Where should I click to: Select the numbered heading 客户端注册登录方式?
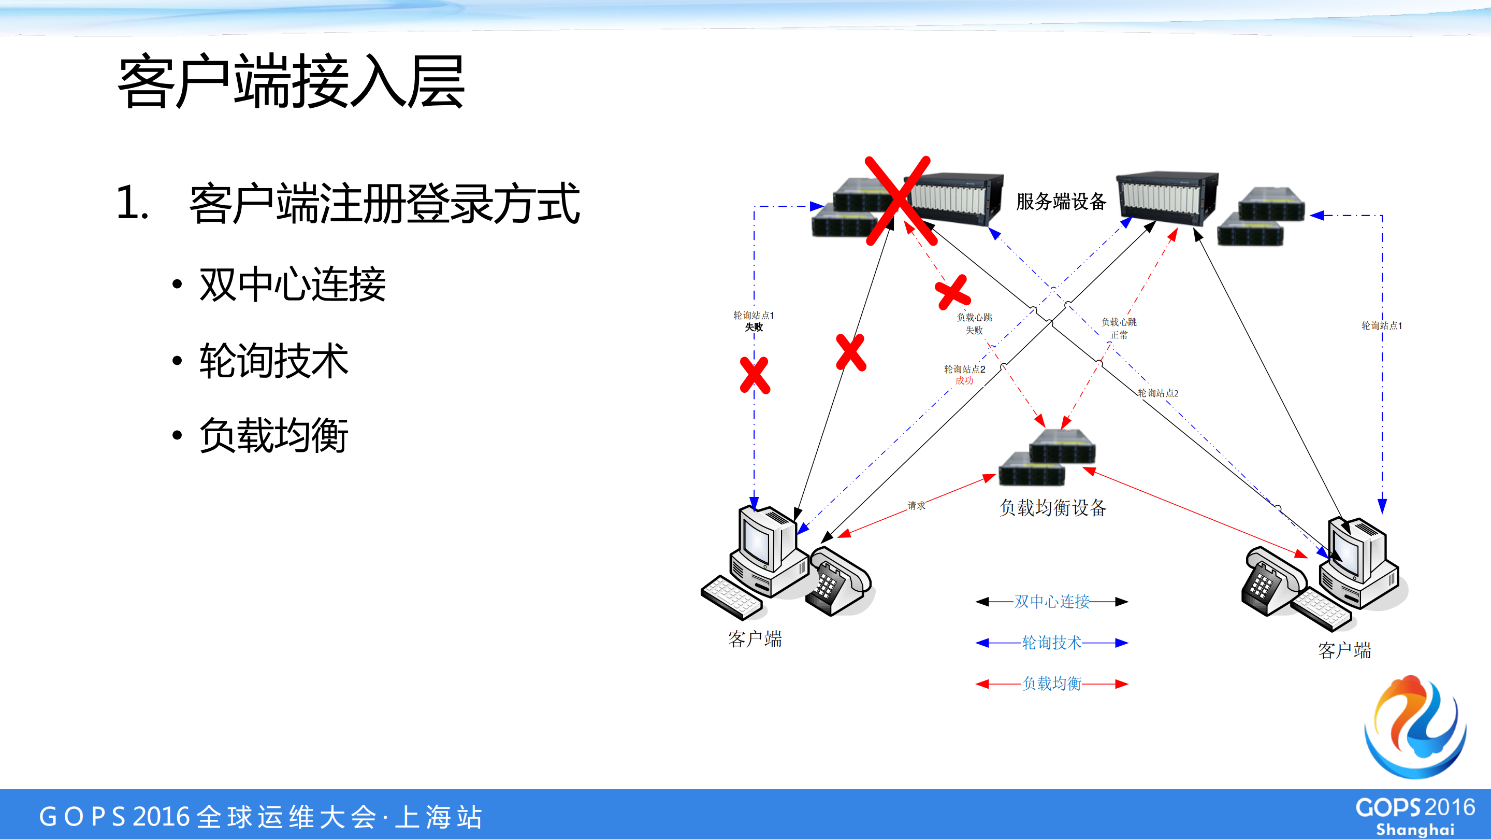coord(384,203)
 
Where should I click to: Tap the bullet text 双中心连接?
coord(292,285)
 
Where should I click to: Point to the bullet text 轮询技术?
coord(274,360)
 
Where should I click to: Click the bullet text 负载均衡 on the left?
coord(274,435)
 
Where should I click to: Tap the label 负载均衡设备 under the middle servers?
coord(1052,507)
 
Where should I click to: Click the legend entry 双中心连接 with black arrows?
coord(1052,602)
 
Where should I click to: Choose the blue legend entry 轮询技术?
coord(1052,643)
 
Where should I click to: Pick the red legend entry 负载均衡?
coord(1052,684)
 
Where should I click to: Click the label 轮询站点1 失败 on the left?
coord(753,321)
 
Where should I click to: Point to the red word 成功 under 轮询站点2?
coord(964,381)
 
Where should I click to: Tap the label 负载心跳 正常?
coord(1118,329)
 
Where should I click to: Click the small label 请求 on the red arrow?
coord(916,505)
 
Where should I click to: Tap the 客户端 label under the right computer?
coord(1344,650)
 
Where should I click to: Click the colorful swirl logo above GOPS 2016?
coord(1415,727)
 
